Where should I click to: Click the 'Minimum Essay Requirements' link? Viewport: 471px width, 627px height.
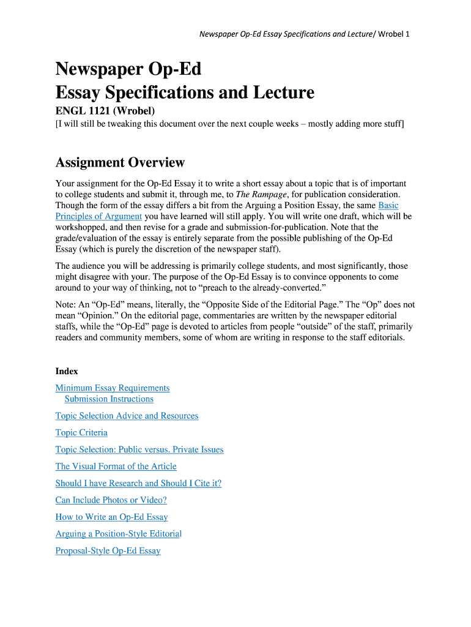[113, 388]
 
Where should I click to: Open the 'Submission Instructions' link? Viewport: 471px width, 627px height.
[109, 399]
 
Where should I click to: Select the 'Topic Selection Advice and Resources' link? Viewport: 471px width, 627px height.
[127, 416]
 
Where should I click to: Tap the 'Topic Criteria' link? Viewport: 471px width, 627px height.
[81, 433]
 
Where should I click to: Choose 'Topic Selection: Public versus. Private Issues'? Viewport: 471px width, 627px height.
[139, 450]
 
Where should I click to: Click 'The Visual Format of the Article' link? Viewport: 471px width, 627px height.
[116, 467]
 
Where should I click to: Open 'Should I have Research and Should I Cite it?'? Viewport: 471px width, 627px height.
[138, 484]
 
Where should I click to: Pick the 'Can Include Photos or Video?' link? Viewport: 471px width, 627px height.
[111, 500]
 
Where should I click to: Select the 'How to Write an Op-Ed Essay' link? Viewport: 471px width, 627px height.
[111, 517]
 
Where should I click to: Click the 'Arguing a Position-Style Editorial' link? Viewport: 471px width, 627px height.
[118, 534]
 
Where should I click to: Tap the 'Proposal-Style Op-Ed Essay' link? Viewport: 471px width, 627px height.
[108, 551]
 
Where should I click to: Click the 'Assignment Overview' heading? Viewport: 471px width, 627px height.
[120, 162]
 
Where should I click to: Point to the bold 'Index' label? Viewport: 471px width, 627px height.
[67, 371]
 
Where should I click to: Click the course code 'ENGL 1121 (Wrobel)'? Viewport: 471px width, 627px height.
[105, 111]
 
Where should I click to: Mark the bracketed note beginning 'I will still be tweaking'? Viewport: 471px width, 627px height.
[229, 124]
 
